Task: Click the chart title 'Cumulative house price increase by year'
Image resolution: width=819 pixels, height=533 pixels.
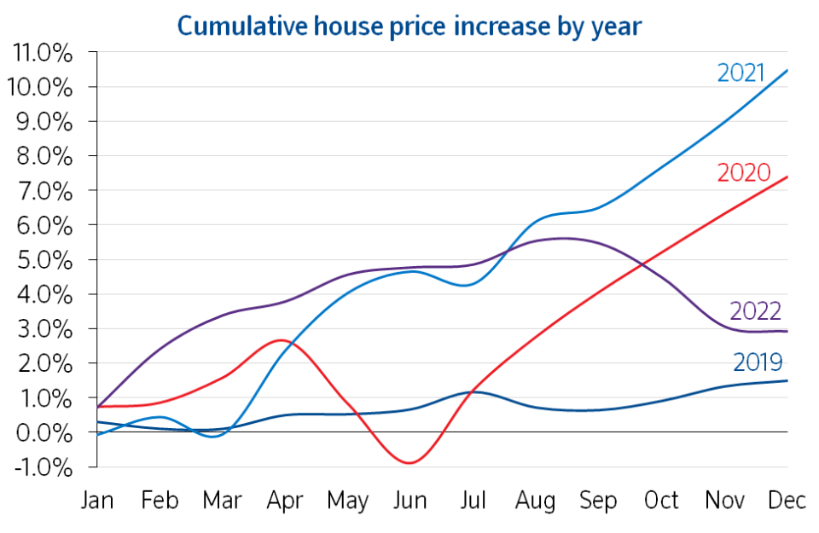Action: tap(409, 26)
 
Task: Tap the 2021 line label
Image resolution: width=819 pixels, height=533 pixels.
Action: tap(741, 72)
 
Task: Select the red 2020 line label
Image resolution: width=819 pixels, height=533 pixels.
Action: tap(744, 173)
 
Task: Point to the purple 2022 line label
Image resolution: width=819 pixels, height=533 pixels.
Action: tap(755, 311)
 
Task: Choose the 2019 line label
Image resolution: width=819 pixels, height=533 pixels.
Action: tap(758, 362)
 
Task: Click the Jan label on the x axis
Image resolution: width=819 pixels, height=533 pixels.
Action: tap(97, 500)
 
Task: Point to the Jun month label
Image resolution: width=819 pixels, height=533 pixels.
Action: tap(410, 500)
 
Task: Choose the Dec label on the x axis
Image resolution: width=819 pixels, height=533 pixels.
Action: tap(787, 500)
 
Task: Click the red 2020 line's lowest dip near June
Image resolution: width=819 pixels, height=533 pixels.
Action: tap(410, 463)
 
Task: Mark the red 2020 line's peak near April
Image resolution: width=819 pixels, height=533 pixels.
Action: tap(282, 340)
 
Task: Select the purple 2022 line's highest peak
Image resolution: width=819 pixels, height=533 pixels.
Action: tap(563, 239)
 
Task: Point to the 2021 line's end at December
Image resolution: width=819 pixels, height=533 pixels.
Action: tap(787, 70)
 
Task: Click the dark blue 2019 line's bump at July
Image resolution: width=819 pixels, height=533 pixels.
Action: tap(476, 391)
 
